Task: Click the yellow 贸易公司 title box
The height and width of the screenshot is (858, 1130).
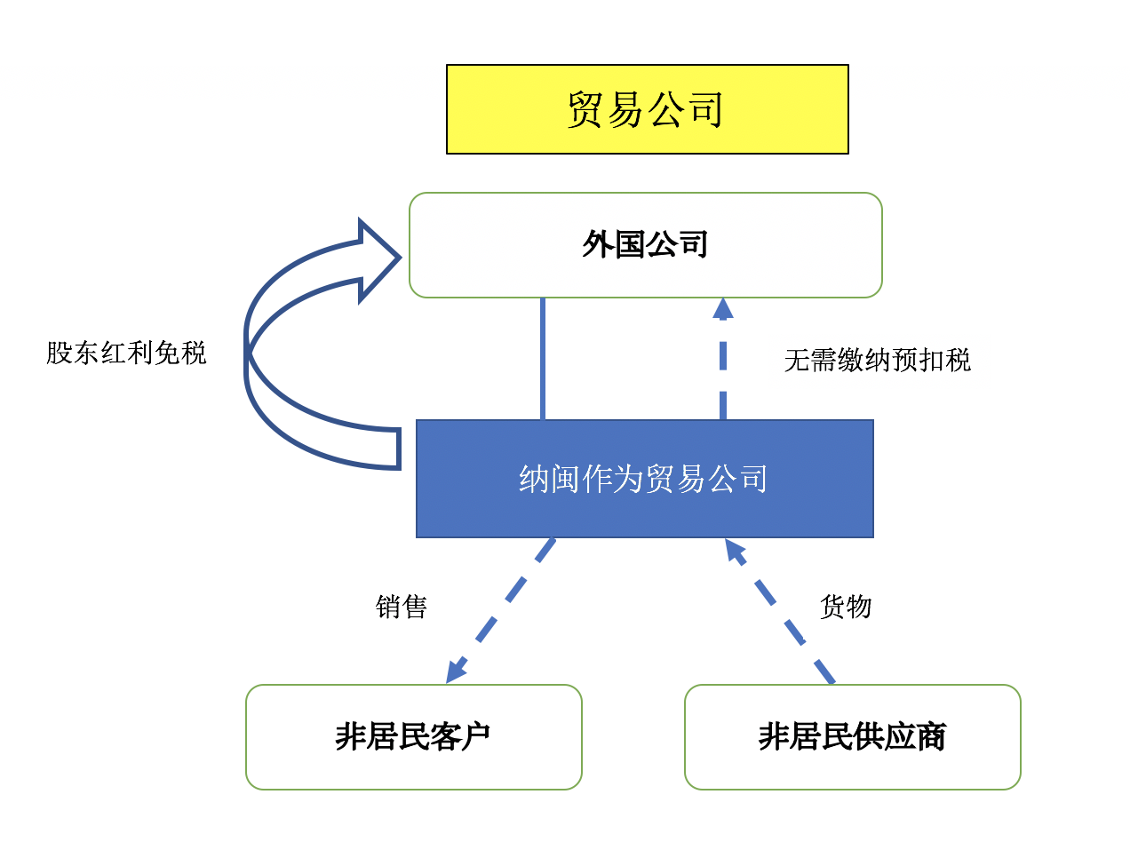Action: pos(647,109)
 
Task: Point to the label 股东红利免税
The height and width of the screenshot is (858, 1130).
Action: pos(126,354)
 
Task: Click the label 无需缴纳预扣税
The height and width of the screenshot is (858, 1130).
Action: pos(877,361)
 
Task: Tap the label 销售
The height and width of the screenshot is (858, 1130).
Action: pos(402,607)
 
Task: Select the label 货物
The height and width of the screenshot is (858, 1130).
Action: pos(846,607)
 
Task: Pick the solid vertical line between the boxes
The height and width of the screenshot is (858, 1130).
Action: pos(543,359)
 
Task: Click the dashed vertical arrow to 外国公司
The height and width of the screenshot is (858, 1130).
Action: pos(723,373)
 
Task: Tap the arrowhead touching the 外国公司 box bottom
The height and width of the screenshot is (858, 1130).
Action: pos(723,309)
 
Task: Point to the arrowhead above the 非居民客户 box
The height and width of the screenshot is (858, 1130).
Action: pos(456,671)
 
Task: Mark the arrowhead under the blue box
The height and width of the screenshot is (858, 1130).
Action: pos(735,551)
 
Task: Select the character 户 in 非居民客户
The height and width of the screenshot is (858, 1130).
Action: pos(476,736)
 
